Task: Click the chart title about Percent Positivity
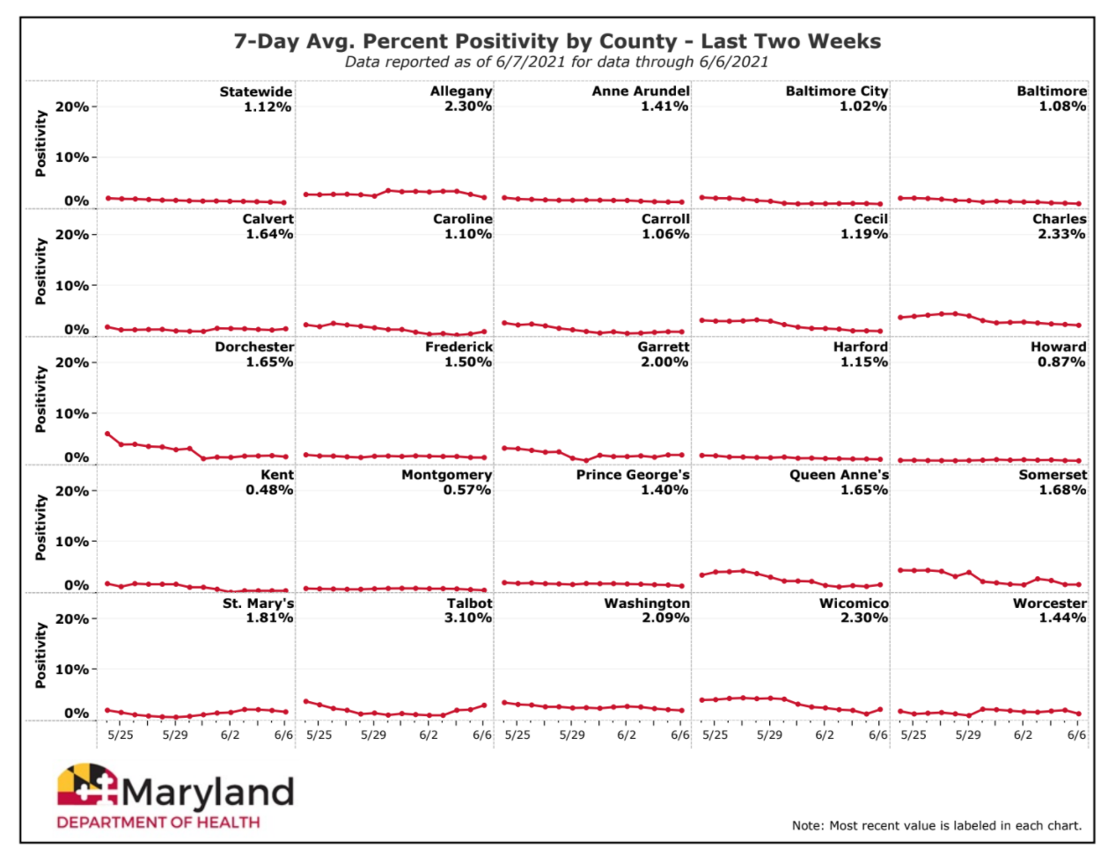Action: tap(557, 41)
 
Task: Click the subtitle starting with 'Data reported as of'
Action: tap(557, 62)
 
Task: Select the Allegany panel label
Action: tap(461, 91)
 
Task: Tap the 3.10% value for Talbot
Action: tap(467, 618)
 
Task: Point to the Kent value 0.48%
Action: tap(269, 490)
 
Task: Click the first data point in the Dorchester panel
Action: tap(107, 434)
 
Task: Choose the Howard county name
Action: tap(1058, 347)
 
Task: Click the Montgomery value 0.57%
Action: tap(467, 490)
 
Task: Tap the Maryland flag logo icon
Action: tap(87, 785)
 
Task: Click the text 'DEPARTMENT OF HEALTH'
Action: tap(158, 823)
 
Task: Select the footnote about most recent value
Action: tap(936, 825)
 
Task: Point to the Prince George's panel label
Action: tap(633, 475)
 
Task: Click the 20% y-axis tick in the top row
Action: tap(72, 106)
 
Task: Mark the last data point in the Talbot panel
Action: tap(484, 706)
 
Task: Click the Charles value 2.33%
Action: tap(1061, 234)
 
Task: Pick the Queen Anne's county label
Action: tap(839, 475)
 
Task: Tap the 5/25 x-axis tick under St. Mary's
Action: tap(121, 735)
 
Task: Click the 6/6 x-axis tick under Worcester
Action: tap(1076, 735)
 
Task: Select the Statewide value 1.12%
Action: tap(268, 106)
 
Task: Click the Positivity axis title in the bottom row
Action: tap(40, 655)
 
